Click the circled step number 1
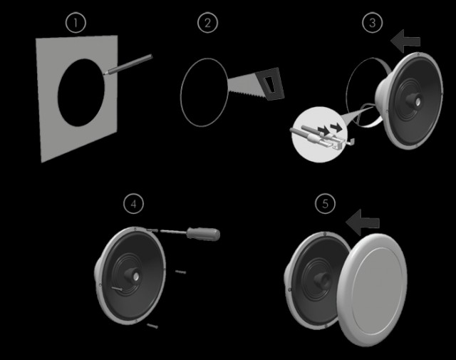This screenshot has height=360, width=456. (76, 23)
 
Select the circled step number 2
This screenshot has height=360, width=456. (207, 23)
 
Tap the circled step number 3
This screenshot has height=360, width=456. (372, 23)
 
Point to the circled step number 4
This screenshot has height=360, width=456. (133, 204)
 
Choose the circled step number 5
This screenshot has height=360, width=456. (325, 204)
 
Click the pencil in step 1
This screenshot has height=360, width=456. (128, 65)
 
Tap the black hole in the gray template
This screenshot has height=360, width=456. (81, 93)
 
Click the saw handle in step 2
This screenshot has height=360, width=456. (271, 83)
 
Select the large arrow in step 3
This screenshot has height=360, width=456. (405, 41)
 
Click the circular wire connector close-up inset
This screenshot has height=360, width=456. (320, 135)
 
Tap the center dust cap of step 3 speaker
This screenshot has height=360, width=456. (417, 101)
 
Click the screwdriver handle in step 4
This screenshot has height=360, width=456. (203, 234)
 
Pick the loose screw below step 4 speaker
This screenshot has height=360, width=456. (152, 326)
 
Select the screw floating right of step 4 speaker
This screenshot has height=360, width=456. (180, 272)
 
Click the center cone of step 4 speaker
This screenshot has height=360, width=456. (133, 274)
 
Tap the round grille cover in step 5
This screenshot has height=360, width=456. (372, 290)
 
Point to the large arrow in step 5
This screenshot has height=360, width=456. (363, 222)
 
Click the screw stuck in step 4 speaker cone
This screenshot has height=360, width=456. (117, 289)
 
